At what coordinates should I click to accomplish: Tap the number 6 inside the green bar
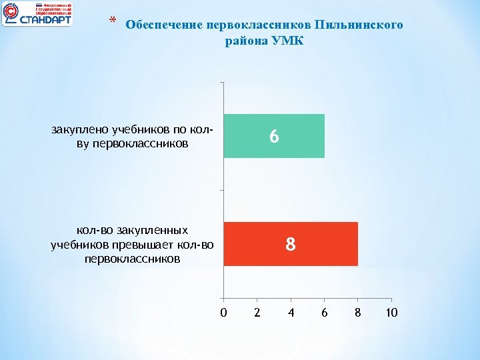[274, 137]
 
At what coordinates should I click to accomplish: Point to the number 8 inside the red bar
[290, 245]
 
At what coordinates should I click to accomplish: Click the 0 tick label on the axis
[223, 312]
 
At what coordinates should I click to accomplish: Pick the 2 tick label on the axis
[257, 312]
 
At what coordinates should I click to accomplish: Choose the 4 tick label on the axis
[291, 312]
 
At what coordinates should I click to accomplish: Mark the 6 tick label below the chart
[325, 312]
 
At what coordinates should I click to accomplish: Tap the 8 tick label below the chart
[358, 312]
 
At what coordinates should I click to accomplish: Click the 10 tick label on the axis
[391, 312]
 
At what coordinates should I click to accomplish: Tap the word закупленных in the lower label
[151, 231]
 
